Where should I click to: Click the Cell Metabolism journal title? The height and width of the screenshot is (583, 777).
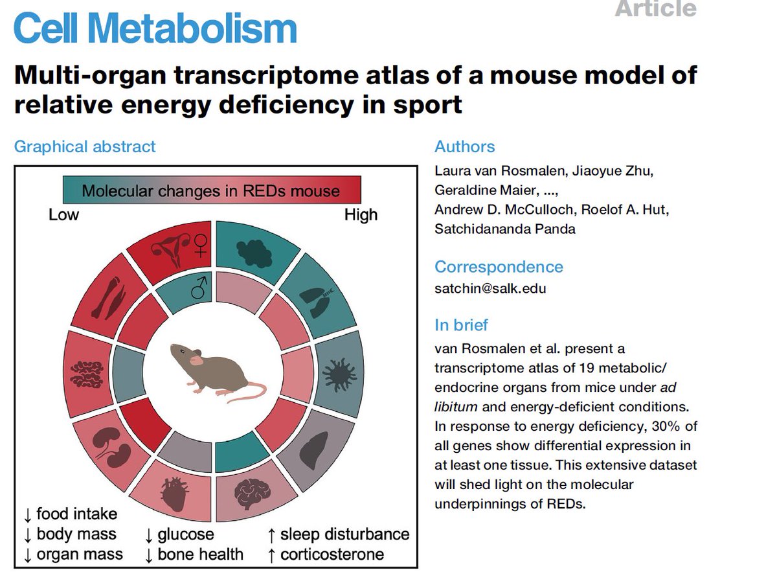(x=155, y=29)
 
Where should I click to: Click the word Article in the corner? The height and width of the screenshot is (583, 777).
(x=656, y=9)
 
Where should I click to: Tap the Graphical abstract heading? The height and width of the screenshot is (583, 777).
(x=85, y=146)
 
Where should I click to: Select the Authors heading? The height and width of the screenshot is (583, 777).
(x=464, y=146)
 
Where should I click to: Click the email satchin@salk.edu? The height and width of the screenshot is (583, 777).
(x=490, y=288)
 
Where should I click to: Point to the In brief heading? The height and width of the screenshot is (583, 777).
(x=461, y=325)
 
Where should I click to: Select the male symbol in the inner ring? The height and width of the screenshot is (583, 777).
(x=197, y=290)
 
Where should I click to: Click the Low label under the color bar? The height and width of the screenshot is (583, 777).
(x=63, y=214)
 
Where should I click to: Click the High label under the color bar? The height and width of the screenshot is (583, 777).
(x=361, y=214)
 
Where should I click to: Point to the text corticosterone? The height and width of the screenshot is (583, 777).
(x=332, y=554)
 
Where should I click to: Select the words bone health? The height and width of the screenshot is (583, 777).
(x=201, y=554)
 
